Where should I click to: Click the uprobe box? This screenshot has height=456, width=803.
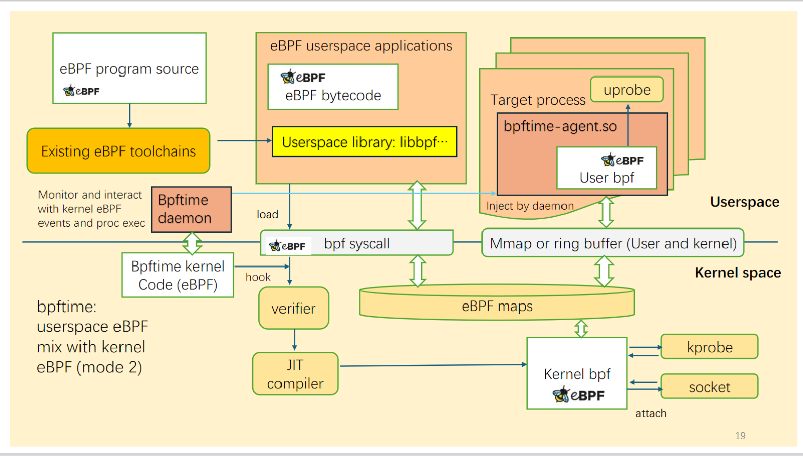[x=627, y=90]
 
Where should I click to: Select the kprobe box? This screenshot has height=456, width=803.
[x=709, y=347]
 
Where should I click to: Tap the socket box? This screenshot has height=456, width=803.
[x=709, y=387]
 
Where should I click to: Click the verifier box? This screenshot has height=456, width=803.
[x=294, y=309]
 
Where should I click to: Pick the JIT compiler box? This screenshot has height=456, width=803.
[x=295, y=374]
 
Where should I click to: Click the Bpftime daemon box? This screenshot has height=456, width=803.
[x=191, y=209]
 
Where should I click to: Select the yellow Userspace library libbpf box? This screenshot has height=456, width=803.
[x=365, y=142]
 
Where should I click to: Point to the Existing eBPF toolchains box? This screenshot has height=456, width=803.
[x=118, y=151]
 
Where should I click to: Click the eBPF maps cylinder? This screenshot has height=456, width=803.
[x=497, y=306]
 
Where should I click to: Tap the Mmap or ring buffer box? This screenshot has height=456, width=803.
[x=613, y=243]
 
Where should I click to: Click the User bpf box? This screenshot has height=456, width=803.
[x=607, y=169]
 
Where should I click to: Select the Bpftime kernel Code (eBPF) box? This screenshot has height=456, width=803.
[x=178, y=275]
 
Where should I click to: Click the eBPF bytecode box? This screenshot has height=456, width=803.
[x=333, y=87]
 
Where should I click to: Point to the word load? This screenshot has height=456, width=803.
[x=267, y=215]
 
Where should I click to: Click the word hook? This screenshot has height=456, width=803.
[x=258, y=277]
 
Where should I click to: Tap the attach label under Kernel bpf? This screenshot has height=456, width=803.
[x=651, y=413]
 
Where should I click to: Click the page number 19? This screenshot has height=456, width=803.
[x=740, y=436]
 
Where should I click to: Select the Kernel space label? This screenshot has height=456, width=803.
[x=737, y=273]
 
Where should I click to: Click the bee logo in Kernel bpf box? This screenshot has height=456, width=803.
[x=561, y=394]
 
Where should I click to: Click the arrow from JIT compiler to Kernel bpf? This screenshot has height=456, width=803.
[x=433, y=365]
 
